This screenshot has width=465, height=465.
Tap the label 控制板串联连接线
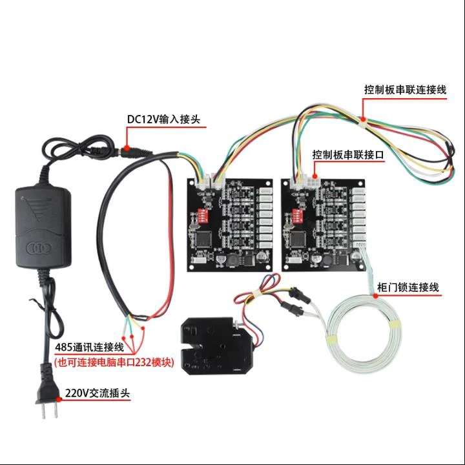pyautogui.click(x=405, y=90)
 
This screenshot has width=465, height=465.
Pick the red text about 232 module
pyautogui.click(x=114, y=362)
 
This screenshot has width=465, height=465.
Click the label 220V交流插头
pyautogui.click(x=96, y=393)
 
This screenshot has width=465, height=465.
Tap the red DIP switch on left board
pyautogui.click(x=200, y=213)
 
